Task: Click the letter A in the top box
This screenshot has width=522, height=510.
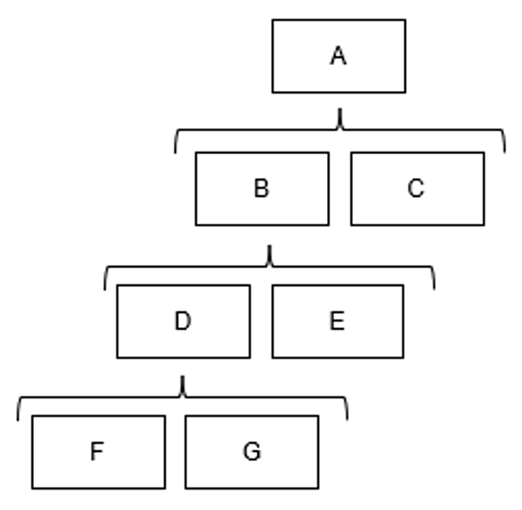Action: click(338, 56)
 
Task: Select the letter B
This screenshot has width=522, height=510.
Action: click(262, 188)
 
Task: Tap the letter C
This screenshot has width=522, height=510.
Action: click(416, 188)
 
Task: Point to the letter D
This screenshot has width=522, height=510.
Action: click(183, 321)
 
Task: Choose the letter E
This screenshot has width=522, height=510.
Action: click(338, 321)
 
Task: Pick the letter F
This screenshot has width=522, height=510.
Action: click(97, 451)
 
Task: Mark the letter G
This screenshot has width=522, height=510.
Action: click(252, 451)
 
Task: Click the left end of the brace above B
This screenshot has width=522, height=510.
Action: click(175, 152)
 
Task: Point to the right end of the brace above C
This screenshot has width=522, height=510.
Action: click(505, 152)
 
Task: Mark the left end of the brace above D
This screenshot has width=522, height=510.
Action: click(105, 290)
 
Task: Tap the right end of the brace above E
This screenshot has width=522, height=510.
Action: click(435, 289)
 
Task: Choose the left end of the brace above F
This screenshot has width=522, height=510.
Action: click(18, 420)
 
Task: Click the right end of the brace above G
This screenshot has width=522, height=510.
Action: click(347, 420)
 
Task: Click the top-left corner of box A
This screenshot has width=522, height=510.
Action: click(273, 20)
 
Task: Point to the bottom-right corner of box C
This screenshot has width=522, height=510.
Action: click(484, 226)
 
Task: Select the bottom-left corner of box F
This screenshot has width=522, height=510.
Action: click(32, 489)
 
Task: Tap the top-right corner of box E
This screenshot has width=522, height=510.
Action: click(404, 285)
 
